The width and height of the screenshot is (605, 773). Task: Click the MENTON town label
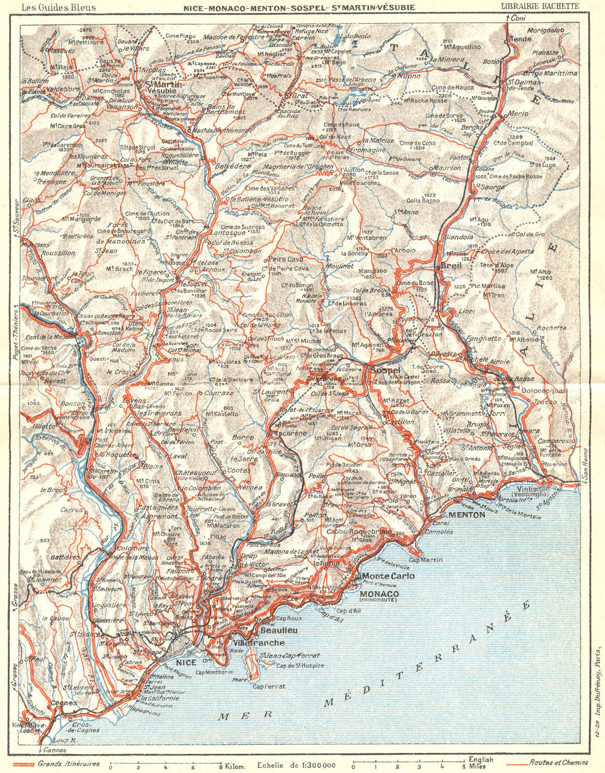tap(466, 515)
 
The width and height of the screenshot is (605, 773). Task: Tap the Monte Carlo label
tap(388, 576)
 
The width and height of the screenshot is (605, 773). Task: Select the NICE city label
tap(186, 662)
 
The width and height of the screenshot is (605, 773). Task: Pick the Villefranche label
tap(258, 643)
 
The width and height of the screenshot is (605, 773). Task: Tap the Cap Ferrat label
tap(269, 687)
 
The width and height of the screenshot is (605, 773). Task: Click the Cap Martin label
tap(425, 560)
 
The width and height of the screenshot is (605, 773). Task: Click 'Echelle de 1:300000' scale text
tap(296, 765)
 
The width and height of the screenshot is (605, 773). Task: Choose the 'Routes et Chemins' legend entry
tap(559, 763)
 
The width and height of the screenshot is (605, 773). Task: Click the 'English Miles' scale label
tap(481, 763)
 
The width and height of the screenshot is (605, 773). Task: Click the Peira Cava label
tap(281, 259)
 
